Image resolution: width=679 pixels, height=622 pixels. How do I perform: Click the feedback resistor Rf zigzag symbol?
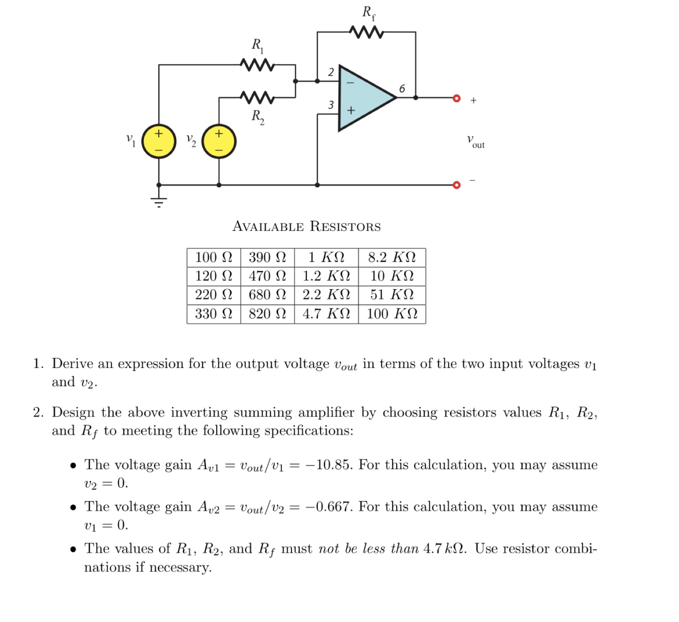tap(366, 32)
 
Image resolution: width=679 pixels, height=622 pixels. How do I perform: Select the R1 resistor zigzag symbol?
tap(257, 65)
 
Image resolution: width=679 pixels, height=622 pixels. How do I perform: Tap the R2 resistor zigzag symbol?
tap(257, 97)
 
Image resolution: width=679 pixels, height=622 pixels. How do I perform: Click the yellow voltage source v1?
tap(159, 141)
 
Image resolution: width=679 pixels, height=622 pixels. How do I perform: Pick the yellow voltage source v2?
tap(219, 141)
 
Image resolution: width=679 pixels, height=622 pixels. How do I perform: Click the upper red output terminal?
tap(456, 98)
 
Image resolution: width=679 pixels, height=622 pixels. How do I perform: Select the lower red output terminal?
tap(456, 185)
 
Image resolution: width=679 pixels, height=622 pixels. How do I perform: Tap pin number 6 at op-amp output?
tap(402, 88)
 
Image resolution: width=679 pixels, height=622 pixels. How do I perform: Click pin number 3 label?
tap(331, 105)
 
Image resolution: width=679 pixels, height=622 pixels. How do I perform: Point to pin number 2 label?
tap(331, 72)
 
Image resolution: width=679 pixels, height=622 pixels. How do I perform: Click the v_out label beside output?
tap(476, 141)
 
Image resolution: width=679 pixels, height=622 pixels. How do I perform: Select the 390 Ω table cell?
tap(267, 258)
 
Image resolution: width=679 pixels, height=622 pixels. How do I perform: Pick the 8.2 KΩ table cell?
tap(392, 258)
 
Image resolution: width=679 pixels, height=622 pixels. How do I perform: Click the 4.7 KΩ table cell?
tap(326, 314)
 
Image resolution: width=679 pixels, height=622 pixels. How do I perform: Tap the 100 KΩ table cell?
tap(392, 314)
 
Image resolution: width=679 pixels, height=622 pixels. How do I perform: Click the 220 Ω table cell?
tap(213, 295)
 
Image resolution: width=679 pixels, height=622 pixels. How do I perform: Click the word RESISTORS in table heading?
tap(345, 227)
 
